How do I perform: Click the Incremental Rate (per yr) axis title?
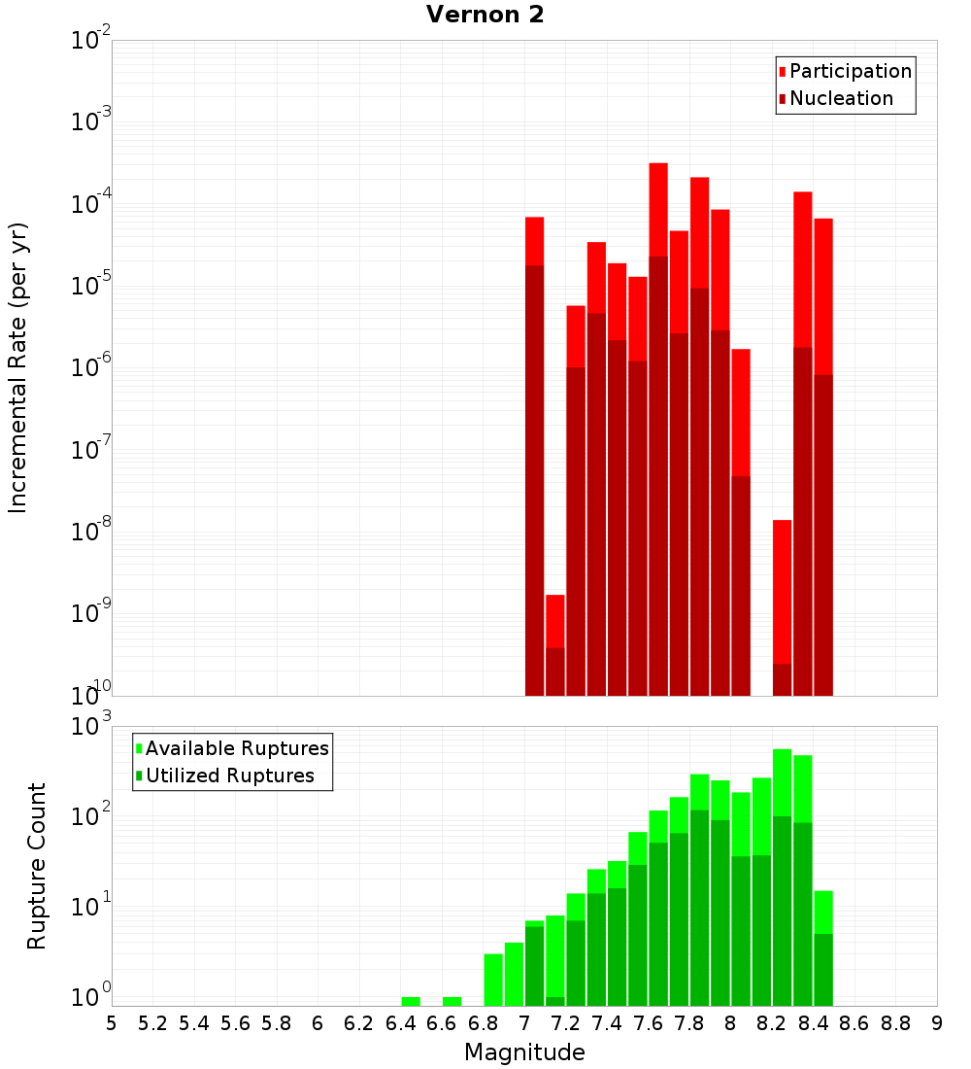[17, 367]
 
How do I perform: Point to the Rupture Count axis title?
[37, 866]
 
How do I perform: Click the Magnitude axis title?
[524, 1052]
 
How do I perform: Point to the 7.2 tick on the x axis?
[566, 1023]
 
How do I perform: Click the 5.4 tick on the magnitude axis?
[194, 1023]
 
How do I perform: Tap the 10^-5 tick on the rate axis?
[91, 286]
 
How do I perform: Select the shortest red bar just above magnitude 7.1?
[555, 621]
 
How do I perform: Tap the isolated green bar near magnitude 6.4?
[411, 1001]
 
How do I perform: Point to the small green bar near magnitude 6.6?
[452, 1001]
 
